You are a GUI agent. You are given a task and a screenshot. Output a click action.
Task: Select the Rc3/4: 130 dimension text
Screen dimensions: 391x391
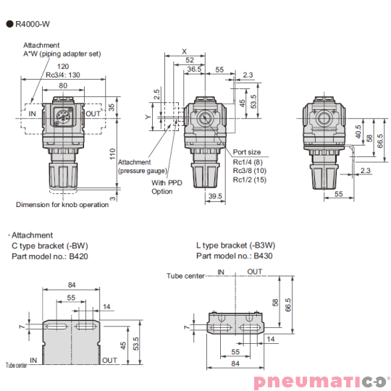[62, 75]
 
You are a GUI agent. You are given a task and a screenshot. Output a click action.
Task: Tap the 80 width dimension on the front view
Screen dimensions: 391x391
[64, 85]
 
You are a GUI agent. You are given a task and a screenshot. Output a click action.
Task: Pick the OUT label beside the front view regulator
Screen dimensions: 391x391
[93, 114]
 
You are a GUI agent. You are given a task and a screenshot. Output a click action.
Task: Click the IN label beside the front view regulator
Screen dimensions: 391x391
[31, 114]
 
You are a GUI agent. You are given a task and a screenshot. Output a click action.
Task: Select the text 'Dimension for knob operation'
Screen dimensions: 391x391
[62, 204]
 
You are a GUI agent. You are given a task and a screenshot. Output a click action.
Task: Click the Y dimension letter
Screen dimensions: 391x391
[147, 116]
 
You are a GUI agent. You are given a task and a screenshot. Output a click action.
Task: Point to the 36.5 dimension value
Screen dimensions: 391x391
[194, 70]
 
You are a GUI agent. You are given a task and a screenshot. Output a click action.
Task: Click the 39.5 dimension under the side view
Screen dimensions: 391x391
[214, 196]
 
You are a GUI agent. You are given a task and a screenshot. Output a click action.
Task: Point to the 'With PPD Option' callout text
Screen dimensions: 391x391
[163, 187]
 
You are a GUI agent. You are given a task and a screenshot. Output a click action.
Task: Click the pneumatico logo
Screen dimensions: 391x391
[320, 382]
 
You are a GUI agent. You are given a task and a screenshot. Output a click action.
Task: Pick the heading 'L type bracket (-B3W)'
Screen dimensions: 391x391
[239, 245]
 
